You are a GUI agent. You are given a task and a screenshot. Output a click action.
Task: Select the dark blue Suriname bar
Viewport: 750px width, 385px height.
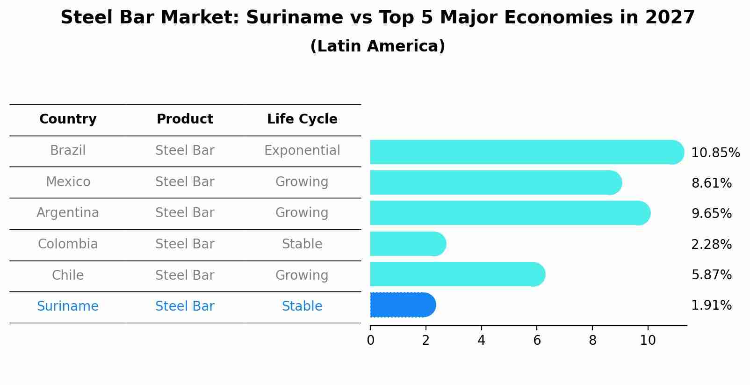[402, 305]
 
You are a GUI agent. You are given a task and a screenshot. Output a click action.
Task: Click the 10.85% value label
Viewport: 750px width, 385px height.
[715, 153]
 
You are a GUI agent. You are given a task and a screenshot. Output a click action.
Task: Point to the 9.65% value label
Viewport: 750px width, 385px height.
[711, 214]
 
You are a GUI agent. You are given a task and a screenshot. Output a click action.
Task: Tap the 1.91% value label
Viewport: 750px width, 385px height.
[711, 305]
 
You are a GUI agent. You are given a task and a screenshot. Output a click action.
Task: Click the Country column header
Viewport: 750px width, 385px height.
[68, 119]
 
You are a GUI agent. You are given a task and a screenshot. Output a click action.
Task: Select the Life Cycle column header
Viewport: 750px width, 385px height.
[302, 119]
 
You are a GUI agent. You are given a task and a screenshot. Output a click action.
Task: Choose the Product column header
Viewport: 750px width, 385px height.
[185, 119]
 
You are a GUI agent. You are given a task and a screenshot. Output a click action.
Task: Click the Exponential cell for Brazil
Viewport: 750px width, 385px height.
[302, 151]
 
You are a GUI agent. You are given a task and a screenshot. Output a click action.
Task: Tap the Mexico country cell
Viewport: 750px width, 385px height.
[68, 182]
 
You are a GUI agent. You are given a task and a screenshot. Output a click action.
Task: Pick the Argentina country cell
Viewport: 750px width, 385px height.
[68, 213]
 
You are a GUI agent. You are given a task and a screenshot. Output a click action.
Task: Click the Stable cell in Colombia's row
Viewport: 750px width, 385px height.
[302, 244]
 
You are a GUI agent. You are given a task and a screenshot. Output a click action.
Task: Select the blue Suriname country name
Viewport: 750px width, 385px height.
[68, 306]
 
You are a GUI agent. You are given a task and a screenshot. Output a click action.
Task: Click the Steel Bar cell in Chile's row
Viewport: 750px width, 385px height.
[185, 275]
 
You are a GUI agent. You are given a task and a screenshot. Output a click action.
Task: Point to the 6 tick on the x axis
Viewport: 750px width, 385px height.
[537, 340]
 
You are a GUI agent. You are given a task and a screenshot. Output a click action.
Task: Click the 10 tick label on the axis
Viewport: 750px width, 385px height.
[648, 340]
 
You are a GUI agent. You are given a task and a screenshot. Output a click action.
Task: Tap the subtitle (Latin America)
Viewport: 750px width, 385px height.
[377, 46]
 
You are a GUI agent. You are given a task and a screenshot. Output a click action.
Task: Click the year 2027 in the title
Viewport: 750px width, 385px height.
[670, 18]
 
